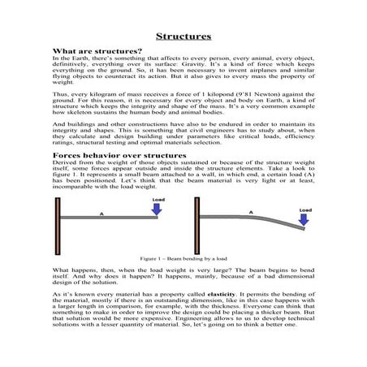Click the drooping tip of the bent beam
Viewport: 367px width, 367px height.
pyautogui.click(x=303, y=229)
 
